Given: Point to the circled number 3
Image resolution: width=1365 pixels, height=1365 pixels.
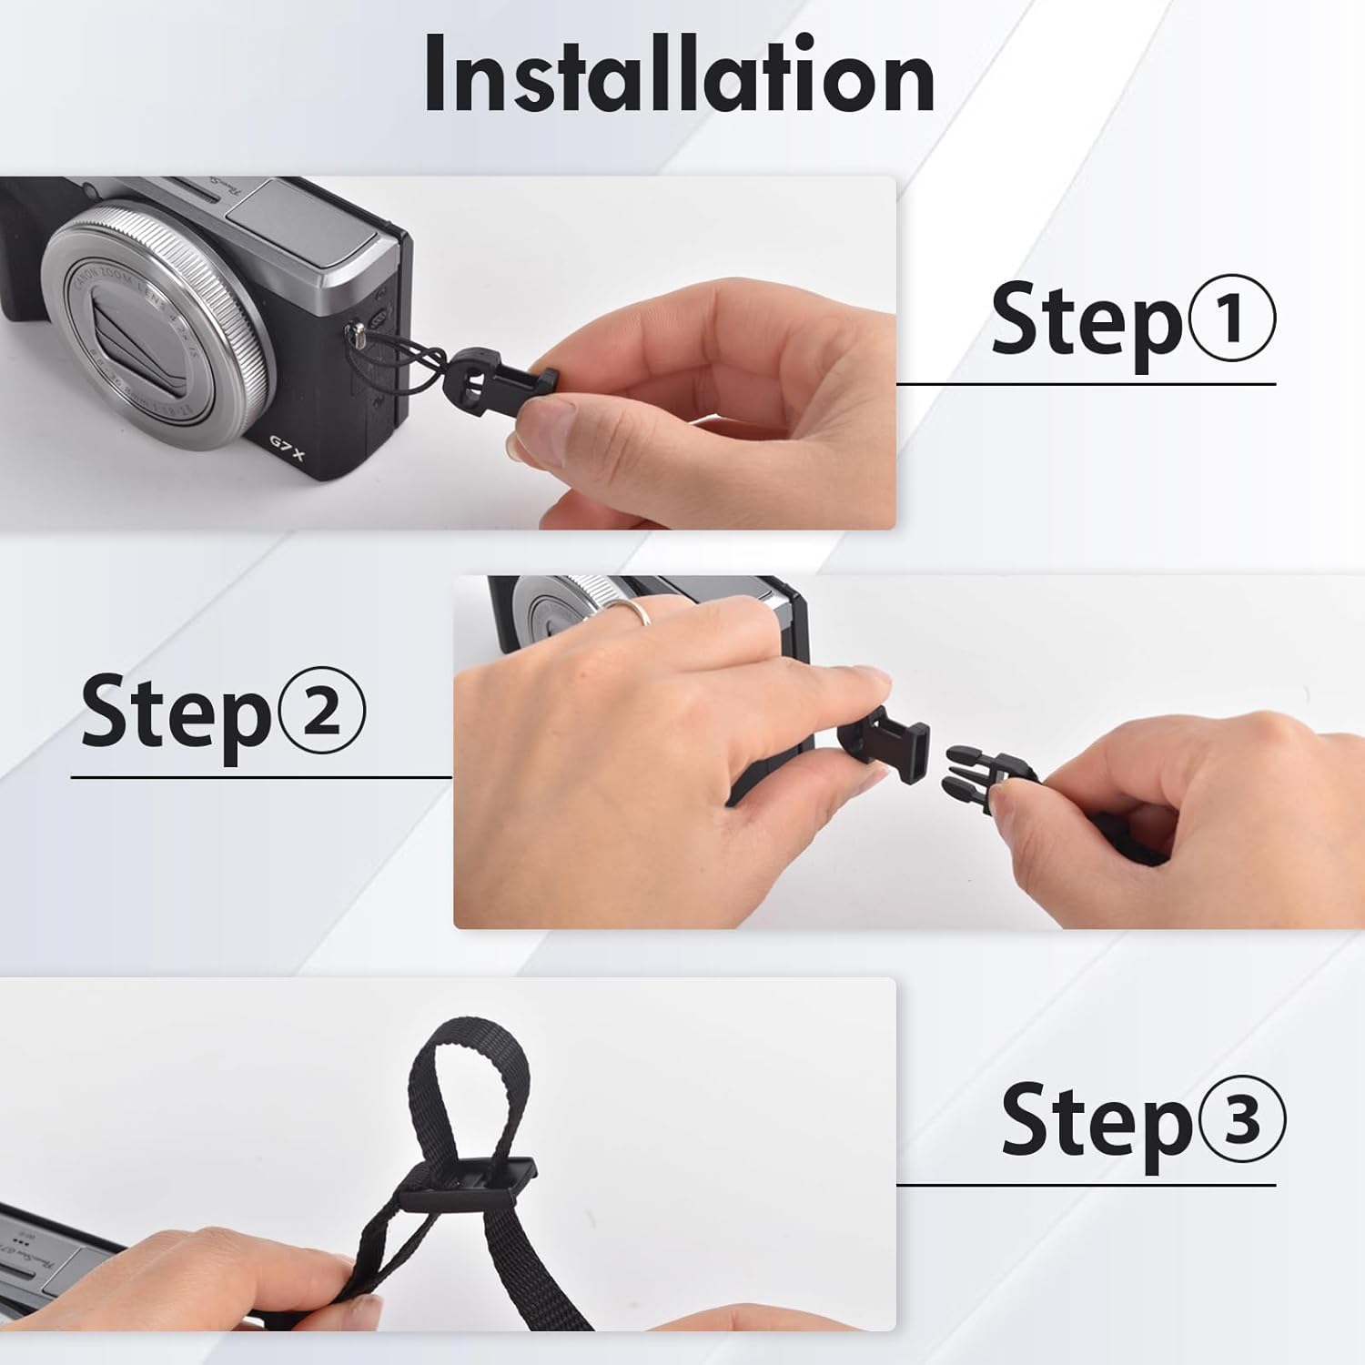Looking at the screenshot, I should pos(1241,1119).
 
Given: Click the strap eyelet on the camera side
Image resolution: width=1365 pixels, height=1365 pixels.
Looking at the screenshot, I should pos(357,338).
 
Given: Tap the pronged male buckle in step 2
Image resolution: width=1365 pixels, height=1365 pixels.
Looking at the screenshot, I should pos(987,773).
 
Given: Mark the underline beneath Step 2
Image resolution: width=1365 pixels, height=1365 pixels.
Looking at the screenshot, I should pos(261,778).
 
